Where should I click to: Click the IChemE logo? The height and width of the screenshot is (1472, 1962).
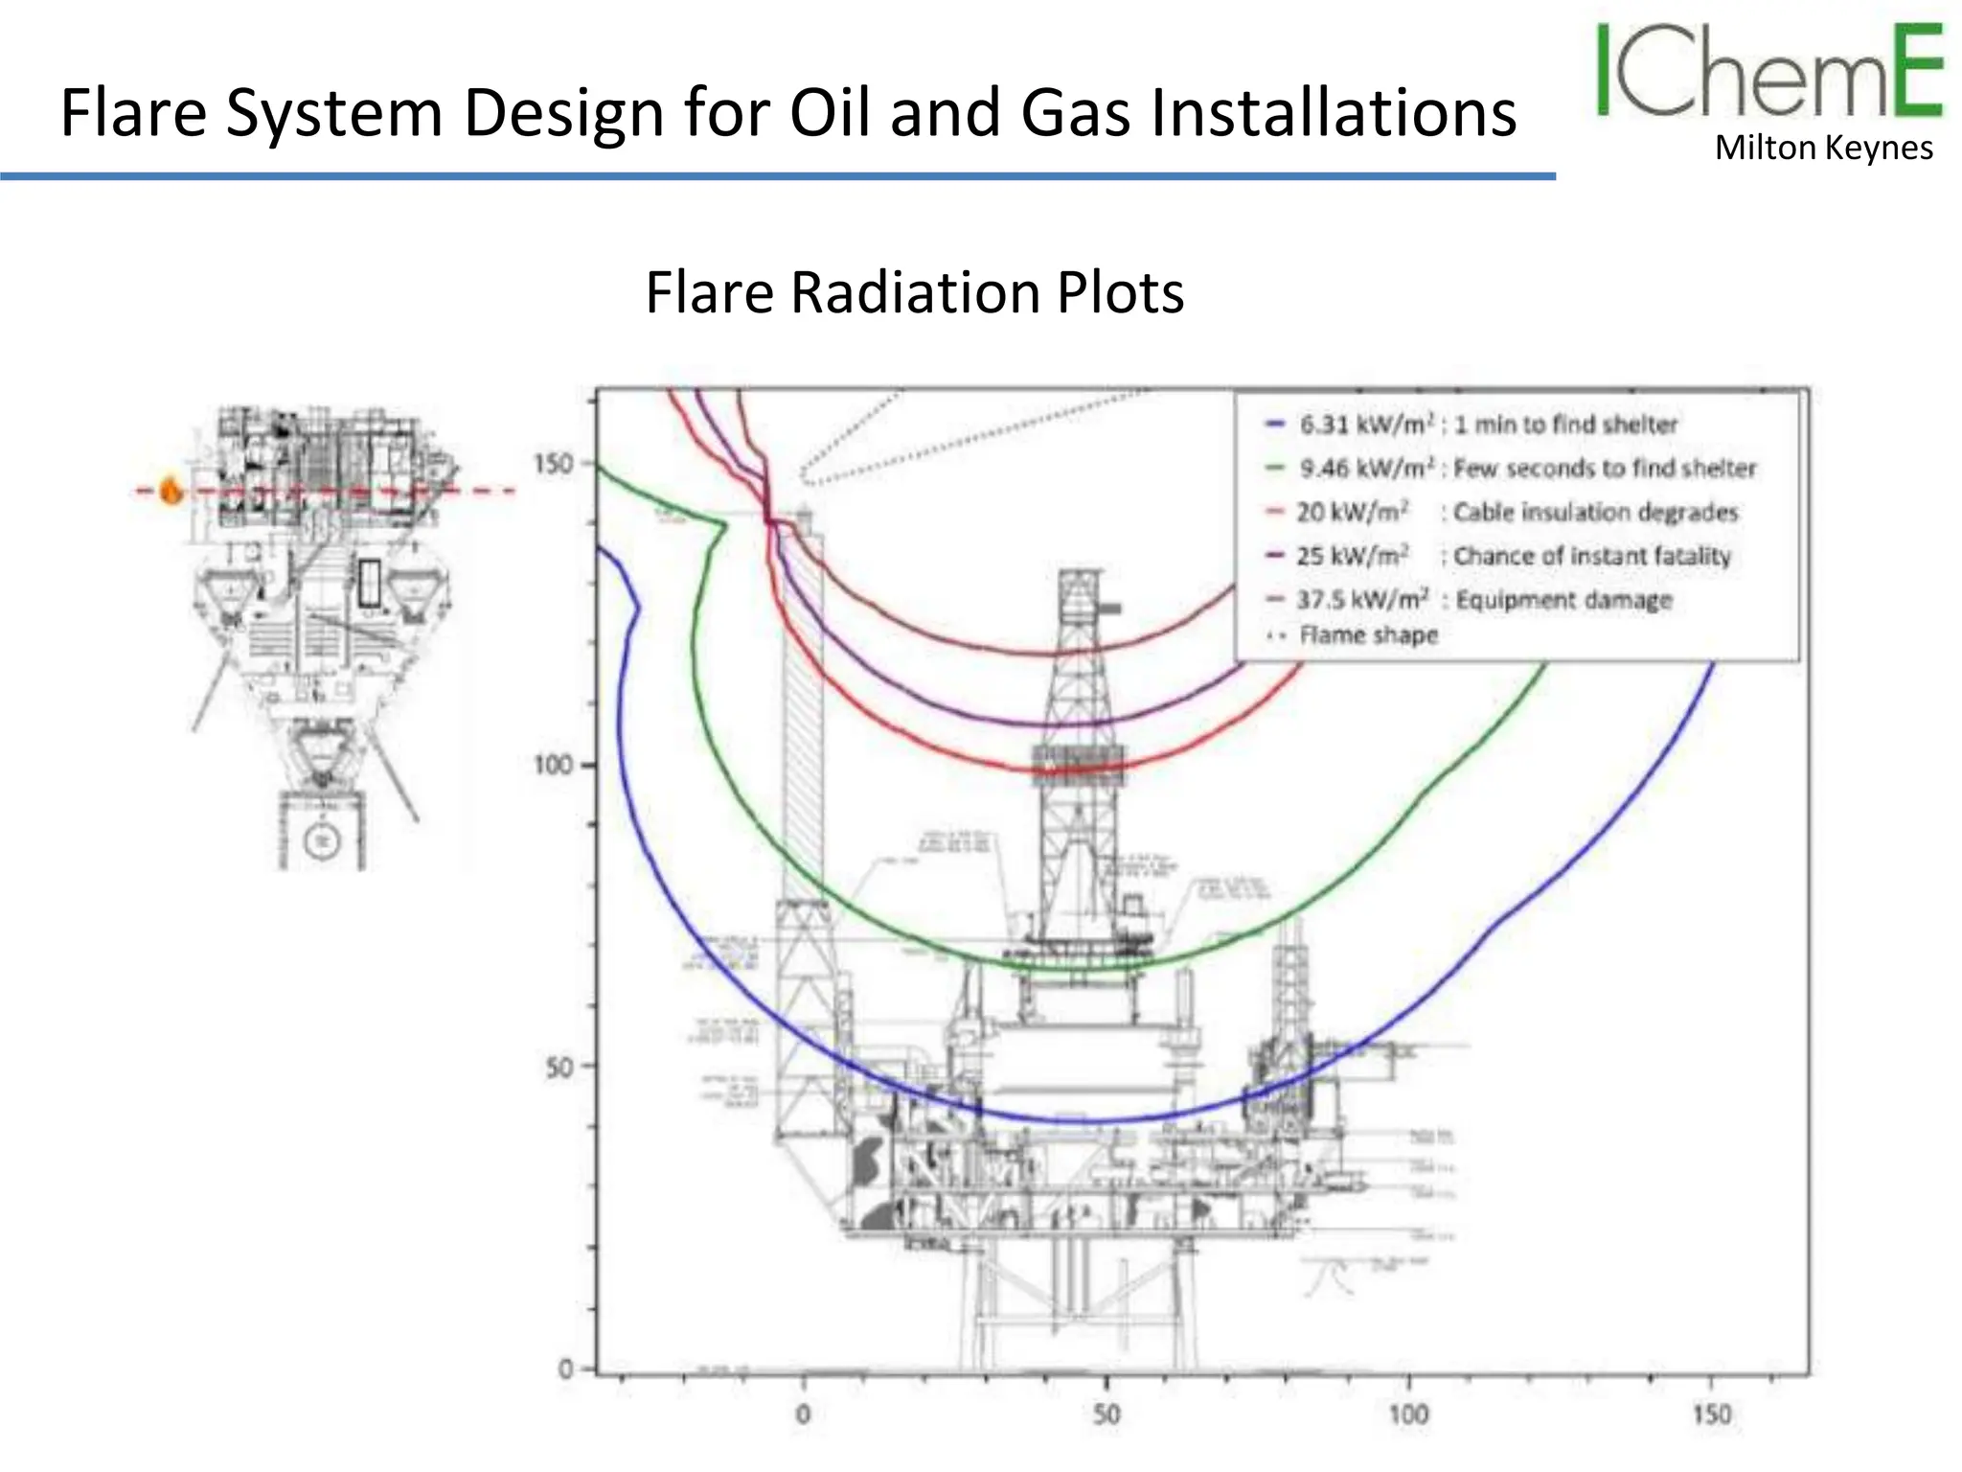click(1768, 71)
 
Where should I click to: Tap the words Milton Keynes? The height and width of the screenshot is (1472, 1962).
click(1823, 149)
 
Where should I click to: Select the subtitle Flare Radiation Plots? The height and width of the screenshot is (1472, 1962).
click(915, 292)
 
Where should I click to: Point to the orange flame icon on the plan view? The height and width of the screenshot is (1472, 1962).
click(171, 490)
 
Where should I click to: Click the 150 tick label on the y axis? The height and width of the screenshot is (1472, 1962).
click(552, 465)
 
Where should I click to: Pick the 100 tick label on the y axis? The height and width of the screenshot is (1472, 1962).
click(552, 766)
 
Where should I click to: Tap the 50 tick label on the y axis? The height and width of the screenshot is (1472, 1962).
click(559, 1068)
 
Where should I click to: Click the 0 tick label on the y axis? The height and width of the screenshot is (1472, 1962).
click(565, 1369)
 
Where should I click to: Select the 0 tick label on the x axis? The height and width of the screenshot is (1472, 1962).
click(803, 1414)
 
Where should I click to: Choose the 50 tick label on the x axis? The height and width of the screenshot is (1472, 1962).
click(1106, 1414)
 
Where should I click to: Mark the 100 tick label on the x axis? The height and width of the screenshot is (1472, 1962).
click(1408, 1414)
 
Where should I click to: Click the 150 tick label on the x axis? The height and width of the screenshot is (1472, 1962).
click(1711, 1414)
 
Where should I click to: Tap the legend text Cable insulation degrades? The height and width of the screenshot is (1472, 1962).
click(1595, 513)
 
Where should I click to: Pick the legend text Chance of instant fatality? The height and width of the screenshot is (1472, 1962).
click(1592, 557)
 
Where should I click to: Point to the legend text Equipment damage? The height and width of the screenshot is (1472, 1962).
click(1563, 601)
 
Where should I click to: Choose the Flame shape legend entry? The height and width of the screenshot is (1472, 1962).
click(1368, 635)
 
